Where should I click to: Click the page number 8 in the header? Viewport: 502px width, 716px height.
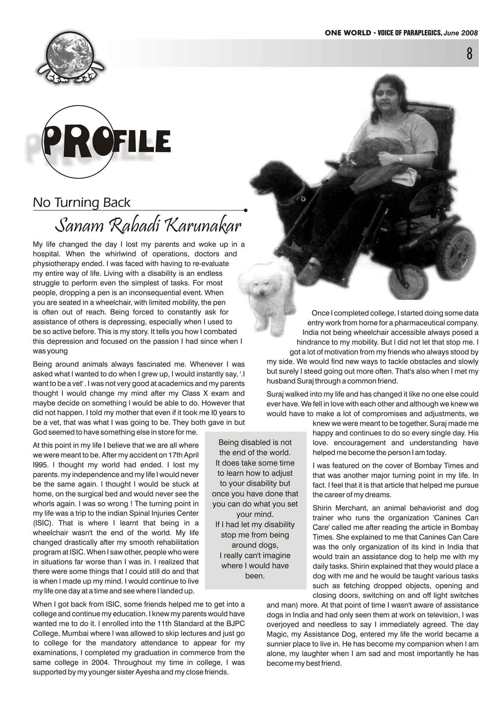(469, 54)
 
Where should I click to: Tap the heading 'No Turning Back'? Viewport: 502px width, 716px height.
(81, 203)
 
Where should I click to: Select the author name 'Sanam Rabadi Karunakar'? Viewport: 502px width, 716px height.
(148, 226)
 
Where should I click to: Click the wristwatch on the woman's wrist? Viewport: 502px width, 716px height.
(400, 158)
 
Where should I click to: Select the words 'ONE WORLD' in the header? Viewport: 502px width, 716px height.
(348, 33)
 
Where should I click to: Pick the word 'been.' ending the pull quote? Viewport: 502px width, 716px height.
(255, 576)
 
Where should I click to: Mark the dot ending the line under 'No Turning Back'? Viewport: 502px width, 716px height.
(246, 210)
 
